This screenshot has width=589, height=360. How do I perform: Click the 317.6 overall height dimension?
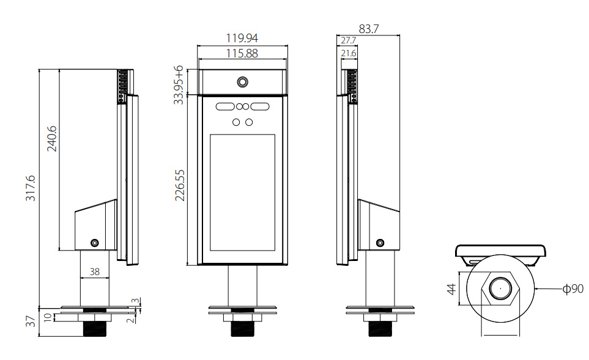tap(30, 188)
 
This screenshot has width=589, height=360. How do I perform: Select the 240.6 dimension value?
tap(52, 139)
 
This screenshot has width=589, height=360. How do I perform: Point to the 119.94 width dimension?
tap(242, 38)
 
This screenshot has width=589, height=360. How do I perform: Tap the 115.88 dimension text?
tap(242, 53)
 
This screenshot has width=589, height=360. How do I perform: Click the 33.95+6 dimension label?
tap(179, 85)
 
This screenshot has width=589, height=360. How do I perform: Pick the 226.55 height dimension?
tap(180, 185)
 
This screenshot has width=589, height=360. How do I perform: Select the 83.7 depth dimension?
tap(368, 29)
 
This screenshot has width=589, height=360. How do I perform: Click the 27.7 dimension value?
tap(348, 40)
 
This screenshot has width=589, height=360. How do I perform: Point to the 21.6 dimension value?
tap(349, 53)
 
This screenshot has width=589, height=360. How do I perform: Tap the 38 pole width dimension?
tap(95, 271)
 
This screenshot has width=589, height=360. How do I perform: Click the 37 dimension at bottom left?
tap(30, 321)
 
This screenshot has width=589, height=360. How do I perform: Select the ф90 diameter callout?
tap(573, 288)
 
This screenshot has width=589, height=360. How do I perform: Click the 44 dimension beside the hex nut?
tap(451, 289)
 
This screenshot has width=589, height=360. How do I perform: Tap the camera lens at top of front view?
tap(242, 82)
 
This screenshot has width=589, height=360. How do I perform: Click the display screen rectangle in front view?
tap(242, 193)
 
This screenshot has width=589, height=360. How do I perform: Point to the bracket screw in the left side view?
tap(95, 243)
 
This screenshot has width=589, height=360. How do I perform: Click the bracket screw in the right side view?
tap(380, 243)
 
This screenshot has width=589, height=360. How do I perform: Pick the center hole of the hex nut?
tap(500, 288)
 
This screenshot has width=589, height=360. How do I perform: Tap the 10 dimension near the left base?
tap(48, 317)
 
